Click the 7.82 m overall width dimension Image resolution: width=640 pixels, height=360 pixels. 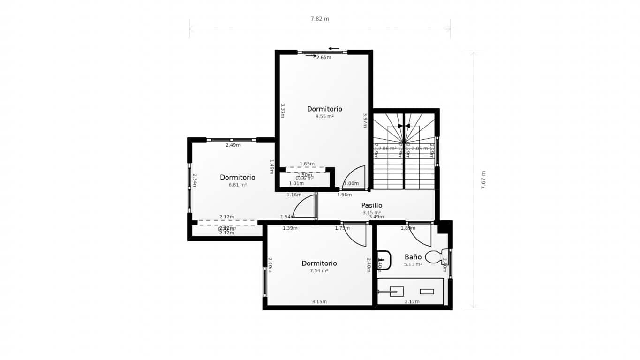click(x=320, y=19)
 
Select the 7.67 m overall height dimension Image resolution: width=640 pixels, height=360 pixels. click(x=483, y=180)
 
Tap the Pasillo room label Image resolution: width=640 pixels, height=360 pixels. click(x=371, y=205)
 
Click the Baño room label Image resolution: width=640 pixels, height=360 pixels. click(x=413, y=257)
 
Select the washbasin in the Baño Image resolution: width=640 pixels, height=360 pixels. click(x=384, y=260)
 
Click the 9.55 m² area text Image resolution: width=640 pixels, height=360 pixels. click(x=324, y=116)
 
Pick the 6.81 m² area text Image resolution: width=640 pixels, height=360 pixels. click(x=237, y=185)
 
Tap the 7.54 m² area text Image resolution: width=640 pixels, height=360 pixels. click(x=319, y=270)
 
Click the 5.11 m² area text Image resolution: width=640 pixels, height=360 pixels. click(x=413, y=264)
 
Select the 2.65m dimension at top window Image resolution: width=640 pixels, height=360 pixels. click(x=324, y=58)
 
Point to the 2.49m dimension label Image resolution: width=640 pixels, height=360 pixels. click(x=233, y=145)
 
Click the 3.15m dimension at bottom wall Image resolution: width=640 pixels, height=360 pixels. click(x=319, y=301)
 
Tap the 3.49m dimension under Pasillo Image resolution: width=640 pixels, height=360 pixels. click(x=376, y=217)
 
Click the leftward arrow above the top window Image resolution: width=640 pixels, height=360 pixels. click(x=333, y=48)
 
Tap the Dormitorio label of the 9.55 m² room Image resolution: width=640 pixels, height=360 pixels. click(x=324, y=109)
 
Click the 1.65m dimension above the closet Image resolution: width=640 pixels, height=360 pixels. click(x=307, y=164)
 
